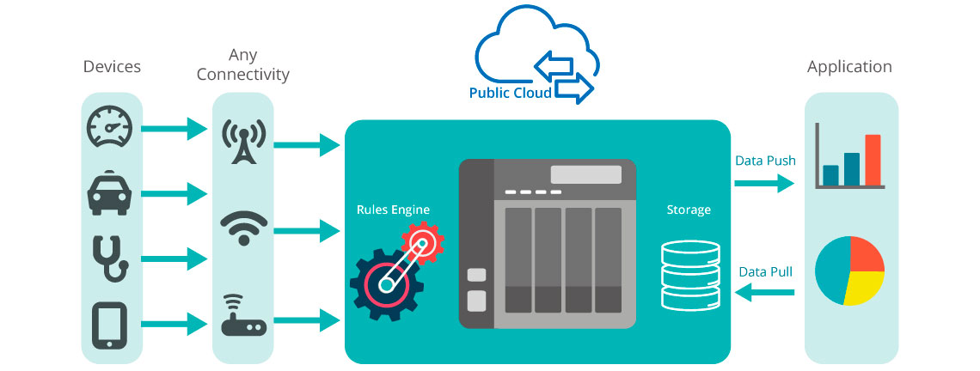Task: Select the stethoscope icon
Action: pyautogui.click(x=110, y=257)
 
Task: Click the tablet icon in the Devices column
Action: pyautogui.click(x=110, y=324)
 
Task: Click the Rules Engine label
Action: pyautogui.click(x=393, y=209)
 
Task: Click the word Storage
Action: pyautogui.click(x=689, y=209)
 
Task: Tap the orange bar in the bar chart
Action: pyautogui.click(x=873, y=161)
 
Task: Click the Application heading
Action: pyautogui.click(x=849, y=67)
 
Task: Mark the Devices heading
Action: pyautogui.click(x=112, y=66)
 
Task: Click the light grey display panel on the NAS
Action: pyautogui.click(x=585, y=174)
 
